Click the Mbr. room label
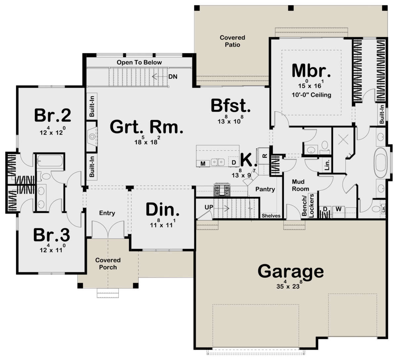311,70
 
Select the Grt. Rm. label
147,127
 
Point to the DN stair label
173,77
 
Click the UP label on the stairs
209,207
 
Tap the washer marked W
338,209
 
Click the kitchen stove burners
222,190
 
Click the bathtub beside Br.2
50,161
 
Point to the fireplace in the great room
92,137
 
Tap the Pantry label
265,189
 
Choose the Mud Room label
300,185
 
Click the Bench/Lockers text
308,206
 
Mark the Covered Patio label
232,41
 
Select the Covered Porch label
108,263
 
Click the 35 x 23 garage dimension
289,285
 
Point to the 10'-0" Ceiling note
311,95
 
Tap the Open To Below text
139,62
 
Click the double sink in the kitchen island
218,162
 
